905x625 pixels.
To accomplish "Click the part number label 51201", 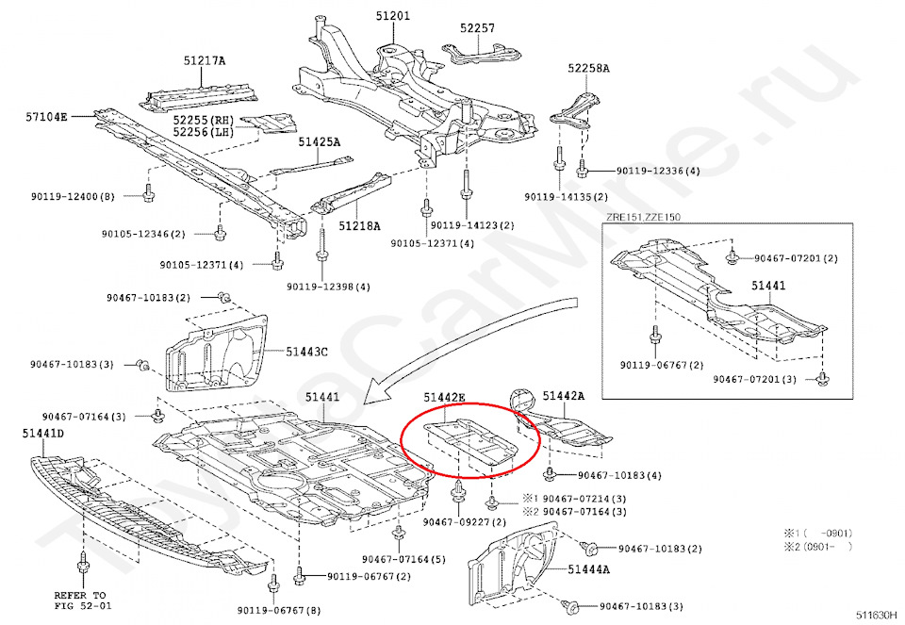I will [394, 16].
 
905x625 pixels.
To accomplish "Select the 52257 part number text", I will [477, 28].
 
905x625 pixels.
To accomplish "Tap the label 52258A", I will [588, 69].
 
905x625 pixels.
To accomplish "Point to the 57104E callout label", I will [47, 118].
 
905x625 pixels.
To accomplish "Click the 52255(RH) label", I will [203, 120].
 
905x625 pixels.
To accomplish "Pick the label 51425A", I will [320, 142].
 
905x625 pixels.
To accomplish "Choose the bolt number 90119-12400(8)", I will [74, 196].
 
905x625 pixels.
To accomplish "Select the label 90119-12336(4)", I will [658, 172].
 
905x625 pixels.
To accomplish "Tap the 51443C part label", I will [307, 352].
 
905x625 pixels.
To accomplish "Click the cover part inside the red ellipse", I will [469, 444].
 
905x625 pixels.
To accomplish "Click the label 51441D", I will [43, 433].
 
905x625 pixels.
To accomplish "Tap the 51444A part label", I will [588, 569].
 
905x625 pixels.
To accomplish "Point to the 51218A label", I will [359, 226].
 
